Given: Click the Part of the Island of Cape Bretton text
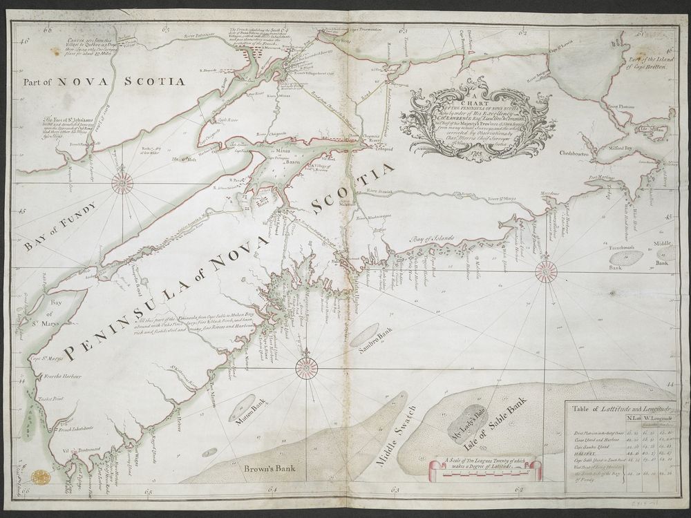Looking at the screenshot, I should click(646, 62).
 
